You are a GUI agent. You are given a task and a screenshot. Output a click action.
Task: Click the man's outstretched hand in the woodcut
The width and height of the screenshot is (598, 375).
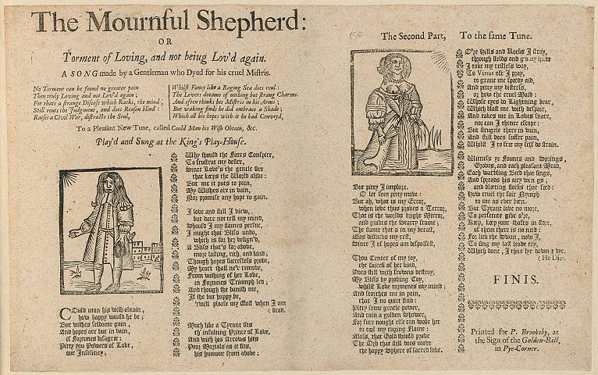[73, 234]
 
